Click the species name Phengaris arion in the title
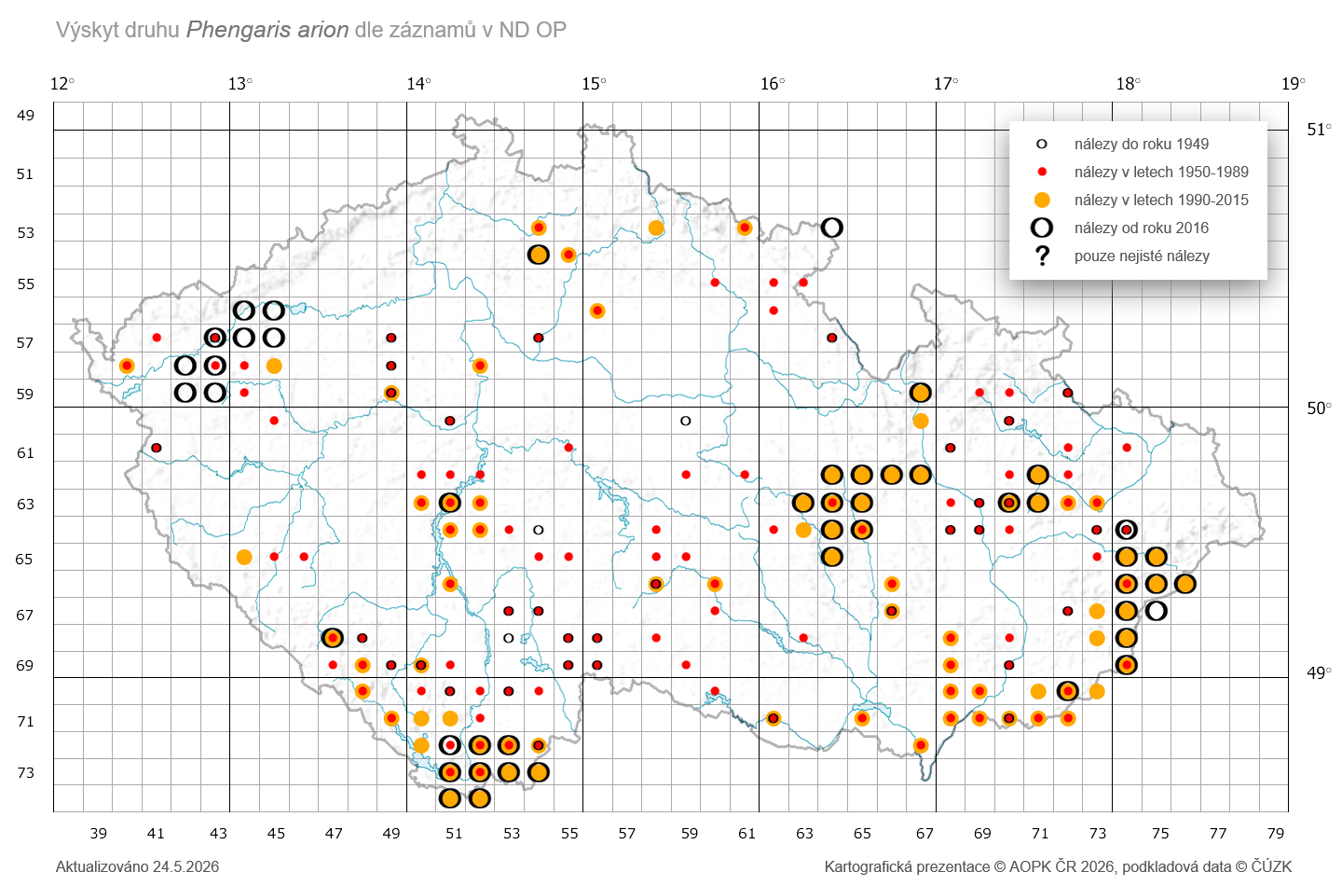pos(267,29)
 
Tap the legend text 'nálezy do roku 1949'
pos(1142,144)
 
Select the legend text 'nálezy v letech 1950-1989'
pos(1161,172)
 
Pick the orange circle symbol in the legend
pos(1042,201)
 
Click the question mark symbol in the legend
pos(1043,256)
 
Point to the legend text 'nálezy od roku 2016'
pos(1142,228)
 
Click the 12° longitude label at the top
pos(62,83)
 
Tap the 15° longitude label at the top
pos(594,83)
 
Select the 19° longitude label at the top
pos(1293,83)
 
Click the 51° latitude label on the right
pos(1319,130)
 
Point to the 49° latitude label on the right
pos(1319,672)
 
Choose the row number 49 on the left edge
pos(25,115)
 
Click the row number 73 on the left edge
pos(25,772)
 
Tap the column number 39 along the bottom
pos(98,833)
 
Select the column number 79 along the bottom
pos(1276,833)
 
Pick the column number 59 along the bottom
pos(690,833)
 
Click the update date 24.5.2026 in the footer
pos(185,866)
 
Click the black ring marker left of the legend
pos(832,228)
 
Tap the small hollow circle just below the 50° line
pos(685,421)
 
